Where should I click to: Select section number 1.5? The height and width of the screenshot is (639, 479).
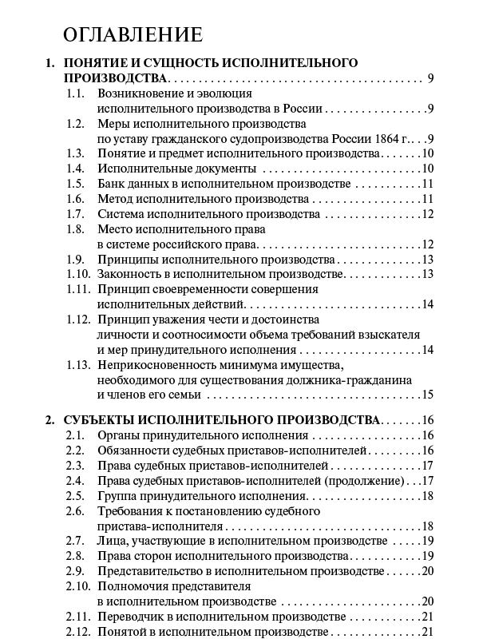[x=75, y=184]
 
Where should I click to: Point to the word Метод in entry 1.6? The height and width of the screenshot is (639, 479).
[x=115, y=199]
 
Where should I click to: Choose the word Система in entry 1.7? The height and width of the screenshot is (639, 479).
[x=121, y=214]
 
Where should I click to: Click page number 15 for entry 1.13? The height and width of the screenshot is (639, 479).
[x=426, y=394]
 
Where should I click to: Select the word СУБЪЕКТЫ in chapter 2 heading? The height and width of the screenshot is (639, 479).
[x=108, y=420]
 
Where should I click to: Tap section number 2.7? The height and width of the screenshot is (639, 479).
[x=75, y=541]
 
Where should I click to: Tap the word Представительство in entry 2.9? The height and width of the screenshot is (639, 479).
[x=148, y=571]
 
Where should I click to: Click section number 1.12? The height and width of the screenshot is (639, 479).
[x=77, y=319]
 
